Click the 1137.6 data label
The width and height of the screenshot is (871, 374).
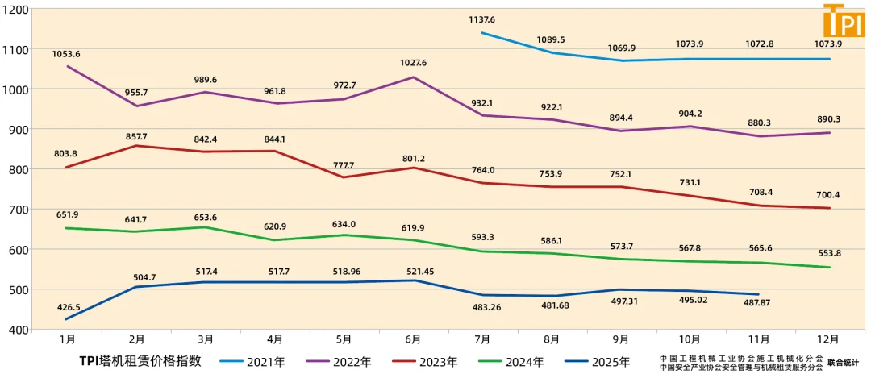(x=481, y=19)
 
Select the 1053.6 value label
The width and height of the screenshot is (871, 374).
(x=67, y=54)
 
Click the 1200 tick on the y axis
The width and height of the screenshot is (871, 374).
(x=16, y=10)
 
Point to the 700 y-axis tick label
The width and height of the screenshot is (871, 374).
(x=18, y=210)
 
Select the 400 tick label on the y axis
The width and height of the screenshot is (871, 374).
(x=18, y=330)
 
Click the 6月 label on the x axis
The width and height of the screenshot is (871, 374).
(x=413, y=340)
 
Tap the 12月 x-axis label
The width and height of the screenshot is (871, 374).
(x=829, y=340)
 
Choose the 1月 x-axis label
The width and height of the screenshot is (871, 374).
(x=68, y=340)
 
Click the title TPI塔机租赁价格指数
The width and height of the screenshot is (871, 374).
(x=140, y=361)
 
